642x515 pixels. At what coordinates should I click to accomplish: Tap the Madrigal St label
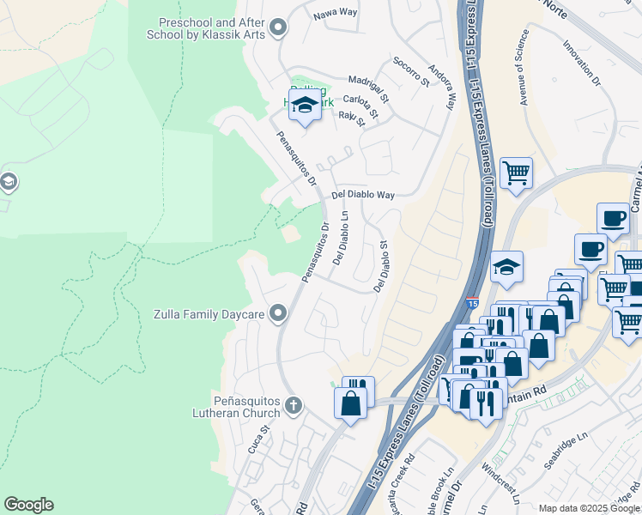tap(368, 80)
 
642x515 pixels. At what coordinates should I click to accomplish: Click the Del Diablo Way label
tap(363, 195)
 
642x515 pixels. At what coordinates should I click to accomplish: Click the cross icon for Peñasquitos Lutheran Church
tap(294, 404)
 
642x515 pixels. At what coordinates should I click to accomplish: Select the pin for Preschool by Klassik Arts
tap(277, 28)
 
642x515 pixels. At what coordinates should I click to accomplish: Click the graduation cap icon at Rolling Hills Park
tap(304, 105)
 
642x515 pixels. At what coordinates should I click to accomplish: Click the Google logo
tap(28, 505)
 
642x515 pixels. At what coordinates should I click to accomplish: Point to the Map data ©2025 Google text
tap(588, 508)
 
